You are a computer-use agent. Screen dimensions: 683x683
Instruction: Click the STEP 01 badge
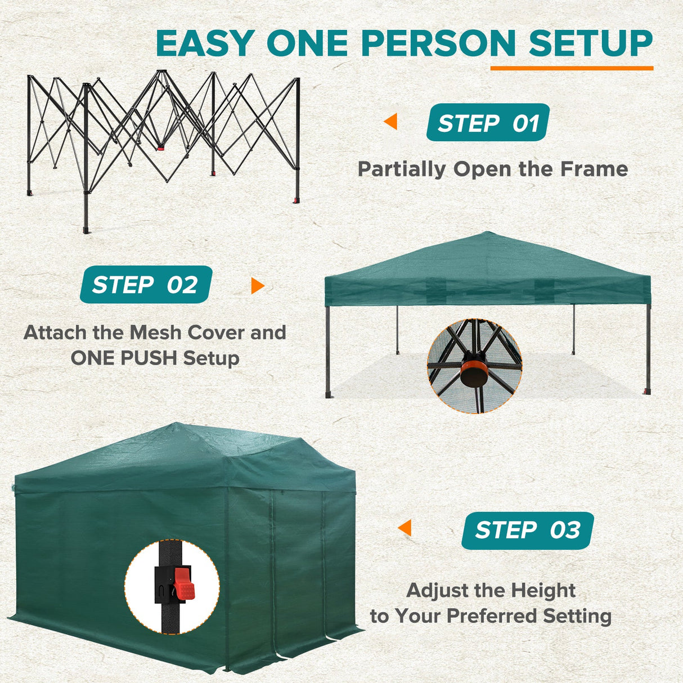(487, 123)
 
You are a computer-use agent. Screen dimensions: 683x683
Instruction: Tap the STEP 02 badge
(146, 285)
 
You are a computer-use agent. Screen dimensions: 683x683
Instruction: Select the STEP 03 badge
(527, 530)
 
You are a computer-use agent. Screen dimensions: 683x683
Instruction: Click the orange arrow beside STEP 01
(391, 122)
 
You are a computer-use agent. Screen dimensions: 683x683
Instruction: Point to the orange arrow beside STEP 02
(257, 286)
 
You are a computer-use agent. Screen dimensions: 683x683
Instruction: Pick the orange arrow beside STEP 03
(405, 528)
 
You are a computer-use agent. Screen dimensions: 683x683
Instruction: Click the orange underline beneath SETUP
(572, 69)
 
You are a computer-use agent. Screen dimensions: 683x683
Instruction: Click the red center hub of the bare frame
(161, 149)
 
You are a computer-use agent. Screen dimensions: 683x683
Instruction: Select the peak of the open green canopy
(487, 234)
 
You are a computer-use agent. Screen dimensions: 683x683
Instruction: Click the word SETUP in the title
(590, 43)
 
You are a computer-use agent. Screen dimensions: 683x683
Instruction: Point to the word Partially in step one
(402, 169)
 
